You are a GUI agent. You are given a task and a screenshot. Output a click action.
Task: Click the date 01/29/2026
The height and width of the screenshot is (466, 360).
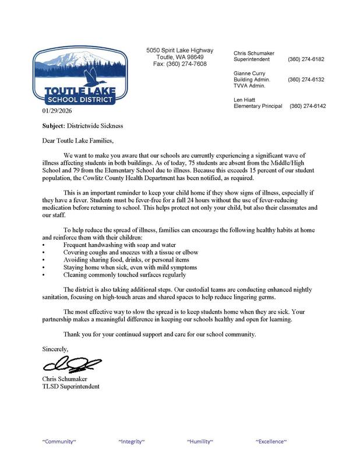pos(57,110)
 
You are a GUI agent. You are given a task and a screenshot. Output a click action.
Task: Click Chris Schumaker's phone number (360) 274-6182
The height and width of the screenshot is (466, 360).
pos(306,59)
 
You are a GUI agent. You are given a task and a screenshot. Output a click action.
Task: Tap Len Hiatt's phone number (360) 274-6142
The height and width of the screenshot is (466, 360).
pos(308,106)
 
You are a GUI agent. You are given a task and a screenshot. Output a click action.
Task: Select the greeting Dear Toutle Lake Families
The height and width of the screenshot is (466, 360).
pos(79,140)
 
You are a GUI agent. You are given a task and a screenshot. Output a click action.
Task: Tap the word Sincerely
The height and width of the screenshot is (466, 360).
pos(55,349)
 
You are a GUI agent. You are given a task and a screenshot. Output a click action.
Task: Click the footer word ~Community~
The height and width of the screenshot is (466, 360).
pos(59,442)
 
